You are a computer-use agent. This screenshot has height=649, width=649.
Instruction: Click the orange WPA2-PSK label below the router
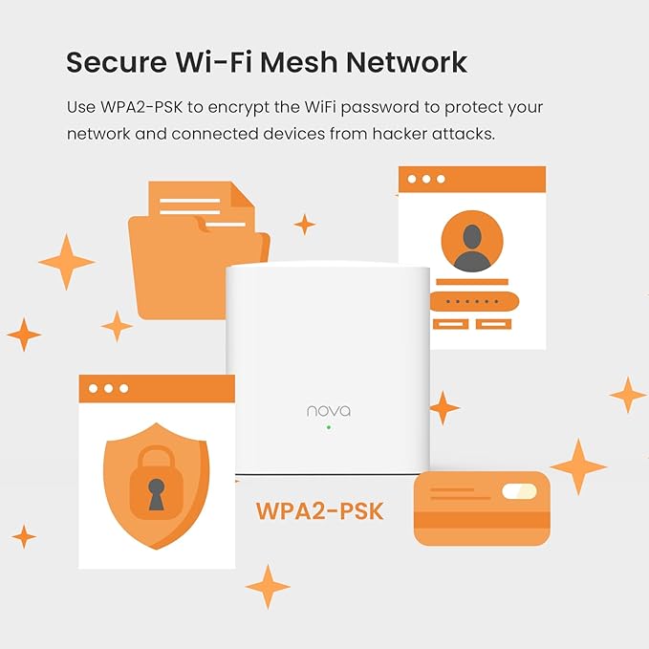pos(319,510)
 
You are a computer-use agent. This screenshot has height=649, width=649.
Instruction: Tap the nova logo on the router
pos(328,411)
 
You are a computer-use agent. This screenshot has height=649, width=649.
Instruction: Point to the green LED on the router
pos(328,427)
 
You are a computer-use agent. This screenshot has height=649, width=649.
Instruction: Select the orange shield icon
pos(156,483)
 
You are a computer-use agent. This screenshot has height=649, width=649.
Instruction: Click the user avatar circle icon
pos(471,241)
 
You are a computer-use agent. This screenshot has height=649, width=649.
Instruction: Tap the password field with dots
pos(474,302)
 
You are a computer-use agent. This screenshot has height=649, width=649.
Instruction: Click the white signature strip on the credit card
pos(519,492)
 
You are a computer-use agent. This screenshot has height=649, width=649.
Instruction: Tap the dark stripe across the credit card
pos(481,520)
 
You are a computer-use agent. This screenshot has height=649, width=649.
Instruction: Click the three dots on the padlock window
pos(108,389)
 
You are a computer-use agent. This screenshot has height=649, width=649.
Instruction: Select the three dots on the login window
pos(426,179)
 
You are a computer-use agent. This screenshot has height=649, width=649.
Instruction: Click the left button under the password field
pos(450,325)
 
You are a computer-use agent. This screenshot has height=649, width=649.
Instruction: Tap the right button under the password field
pos(494,325)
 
